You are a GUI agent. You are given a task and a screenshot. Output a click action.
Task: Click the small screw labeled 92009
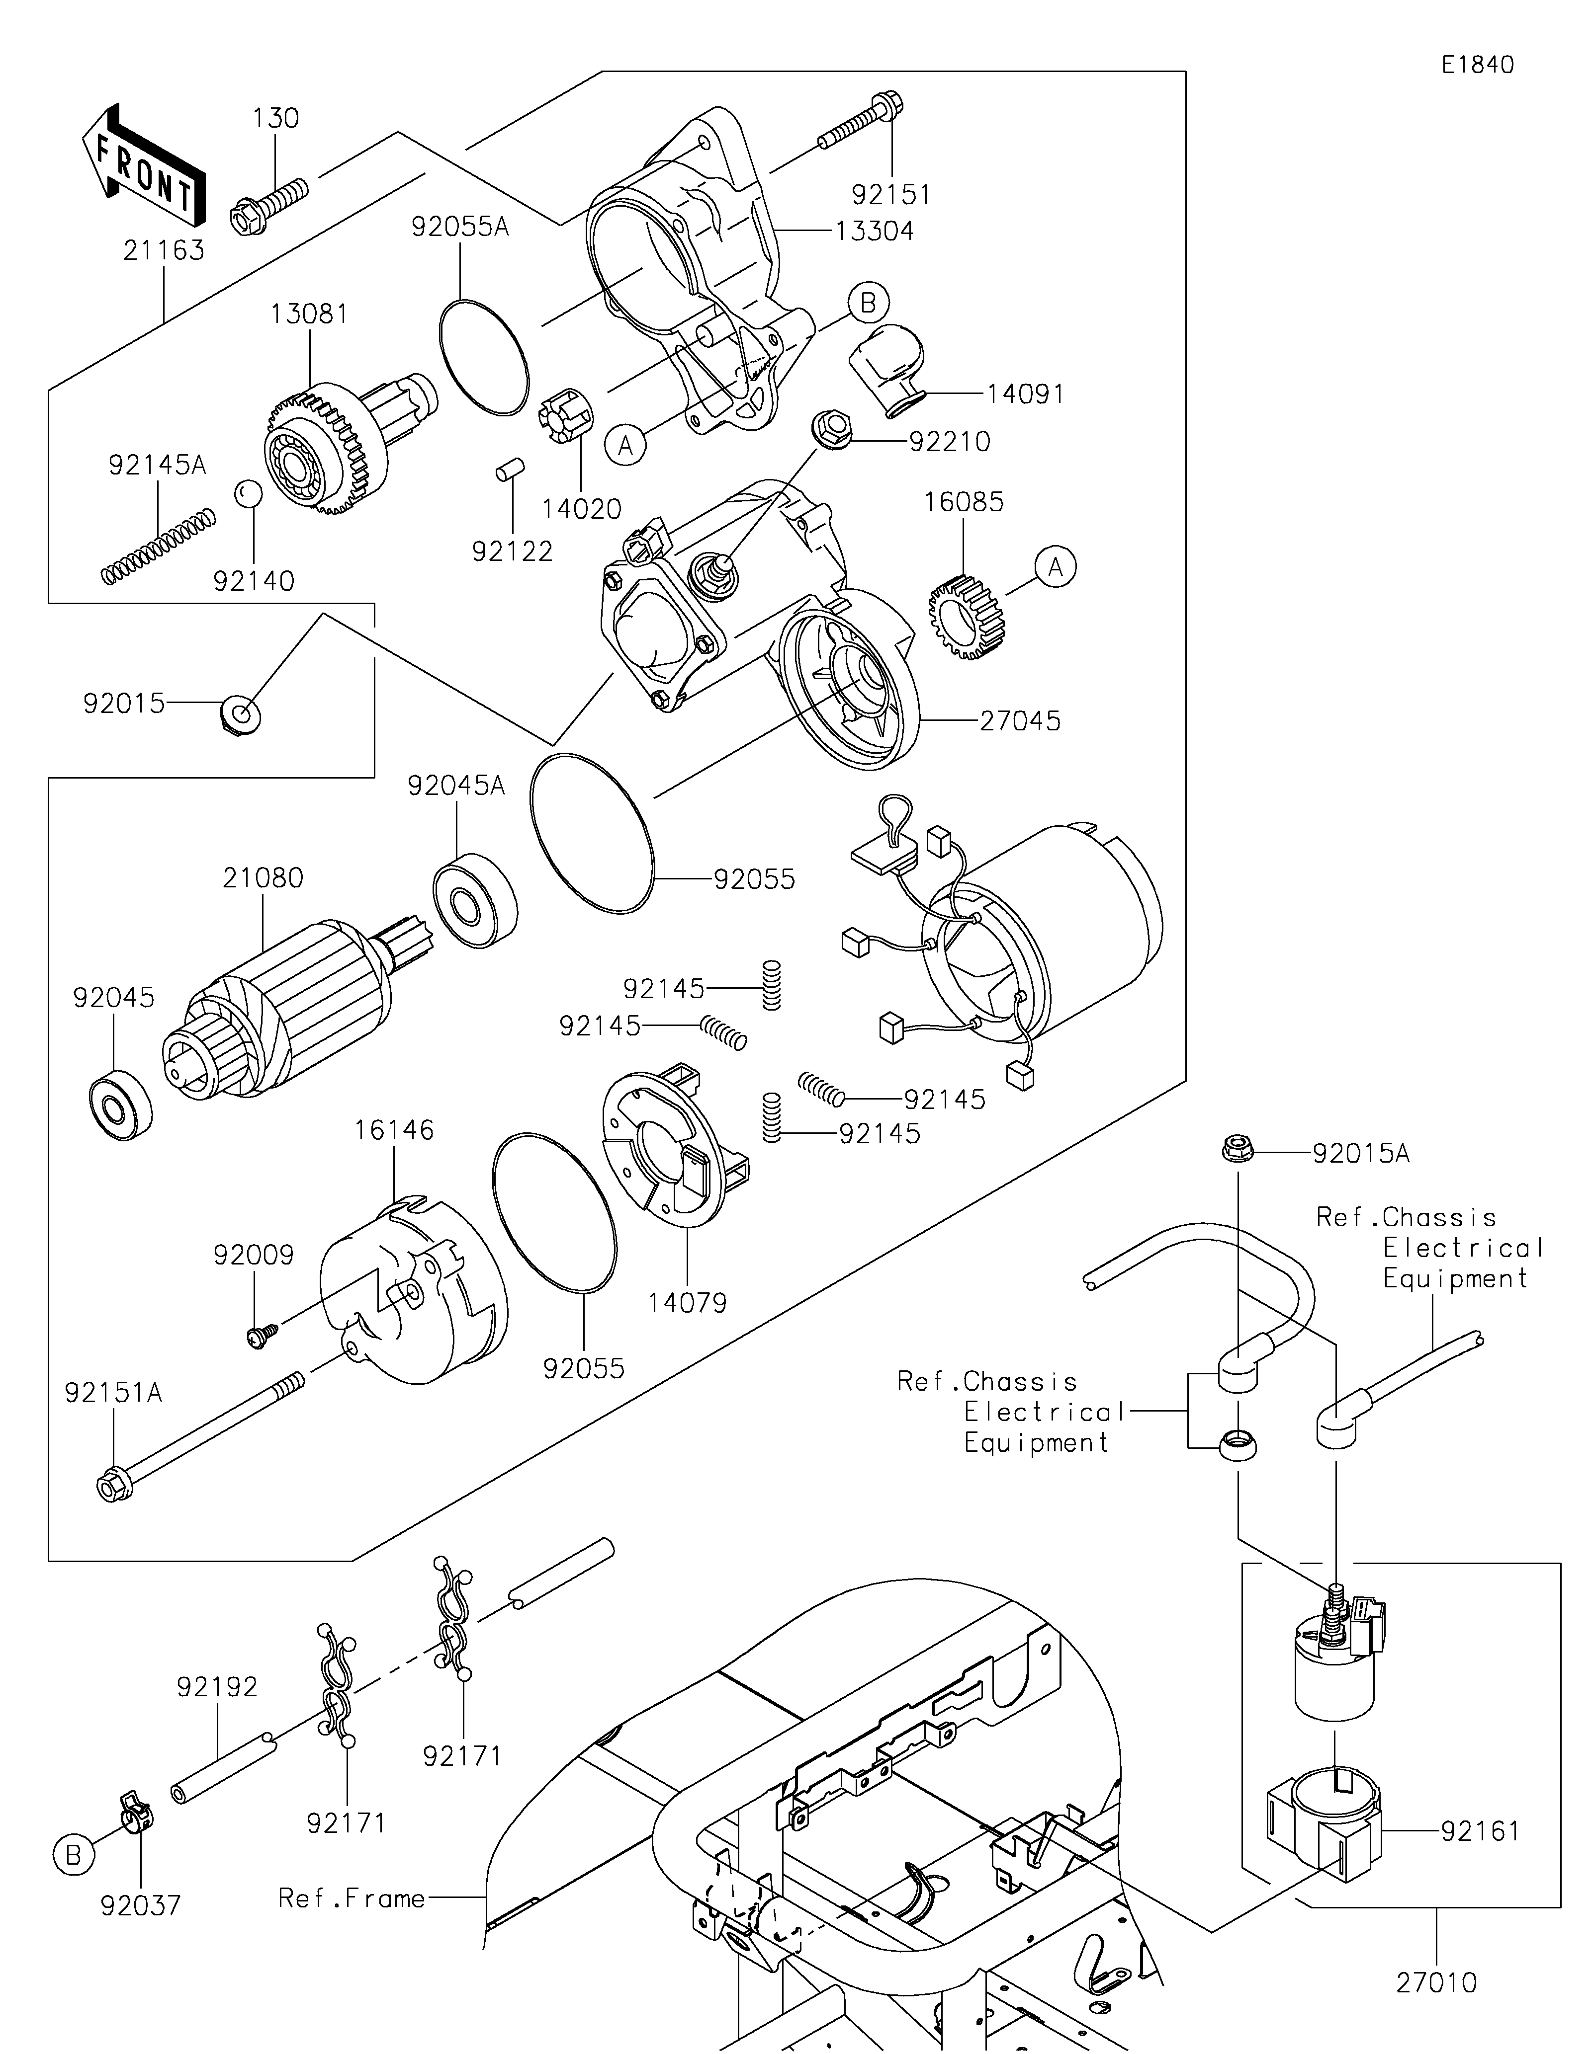(256, 1336)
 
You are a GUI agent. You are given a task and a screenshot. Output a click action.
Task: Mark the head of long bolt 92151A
(111, 1486)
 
